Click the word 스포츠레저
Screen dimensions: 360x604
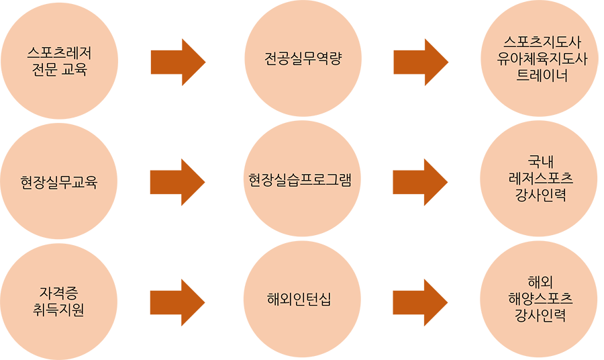click(x=59, y=52)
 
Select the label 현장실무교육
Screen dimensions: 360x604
click(x=59, y=182)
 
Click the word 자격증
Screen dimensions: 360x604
click(x=59, y=294)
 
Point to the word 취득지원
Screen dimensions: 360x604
click(x=59, y=310)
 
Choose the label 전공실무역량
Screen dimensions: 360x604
click(x=303, y=59)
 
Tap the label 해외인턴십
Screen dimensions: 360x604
click(x=299, y=300)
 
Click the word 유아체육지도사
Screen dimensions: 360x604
click(x=542, y=58)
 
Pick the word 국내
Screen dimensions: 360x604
click(x=541, y=161)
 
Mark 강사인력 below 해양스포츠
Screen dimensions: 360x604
click(x=541, y=315)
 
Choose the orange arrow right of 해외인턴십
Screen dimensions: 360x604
click(x=421, y=300)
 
